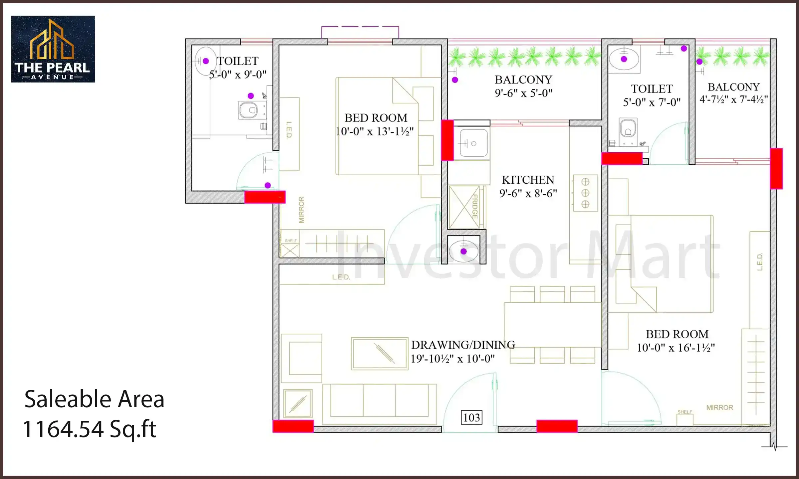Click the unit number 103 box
click(471, 417)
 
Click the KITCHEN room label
click(528, 180)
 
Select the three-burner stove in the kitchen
click(585, 193)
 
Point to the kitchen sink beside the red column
click(473, 143)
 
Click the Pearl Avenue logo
click(53, 49)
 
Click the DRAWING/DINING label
click(463, 345)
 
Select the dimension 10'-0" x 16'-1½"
click(676, 348)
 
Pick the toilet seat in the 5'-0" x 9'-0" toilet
click(248, 110)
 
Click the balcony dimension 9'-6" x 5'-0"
click(523, 93)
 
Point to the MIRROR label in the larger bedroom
click(719, 407)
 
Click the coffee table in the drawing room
click(380, 353)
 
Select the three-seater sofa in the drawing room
click(379, 400)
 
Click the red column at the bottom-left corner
click(293, 426)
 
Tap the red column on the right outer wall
click(776, 169)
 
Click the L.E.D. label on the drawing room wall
click(341, 277)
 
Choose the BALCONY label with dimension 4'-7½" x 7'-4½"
click(733, 87)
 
